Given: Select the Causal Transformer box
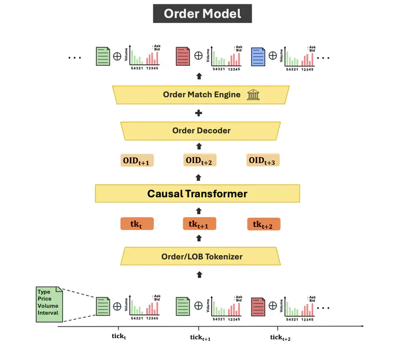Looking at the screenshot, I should [x=197, y=193].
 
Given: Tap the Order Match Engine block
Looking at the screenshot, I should [x=201, y=94].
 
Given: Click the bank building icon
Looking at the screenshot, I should [x=253, y=94].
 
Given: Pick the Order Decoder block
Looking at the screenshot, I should [x=201, y=131].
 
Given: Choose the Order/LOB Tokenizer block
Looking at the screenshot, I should [x=202, y=256].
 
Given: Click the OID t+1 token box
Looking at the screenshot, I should [x=137, y=161].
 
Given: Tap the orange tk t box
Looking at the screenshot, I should [x=137, y=224].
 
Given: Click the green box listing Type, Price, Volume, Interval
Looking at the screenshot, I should [x=48, y=303].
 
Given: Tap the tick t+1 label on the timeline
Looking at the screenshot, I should [x=200, y=337].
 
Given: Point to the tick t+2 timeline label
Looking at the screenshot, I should [x=280, y=337].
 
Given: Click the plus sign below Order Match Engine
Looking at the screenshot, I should [x=199, y=113].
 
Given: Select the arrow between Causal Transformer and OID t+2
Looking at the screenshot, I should [x=199, y=177].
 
